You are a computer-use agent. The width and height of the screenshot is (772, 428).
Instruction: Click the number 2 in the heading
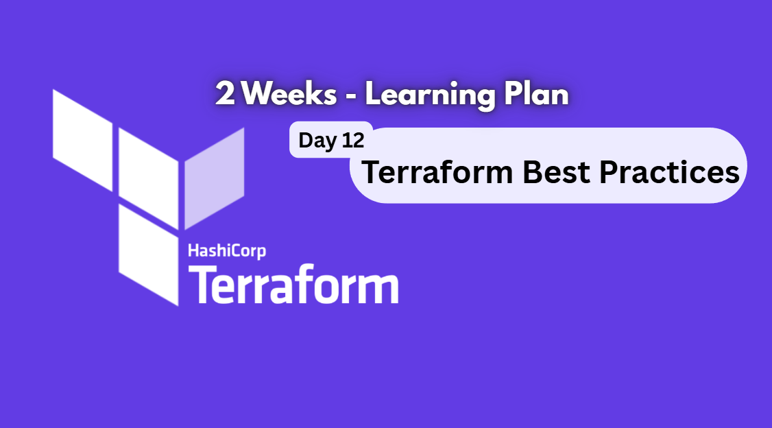coord(225,95)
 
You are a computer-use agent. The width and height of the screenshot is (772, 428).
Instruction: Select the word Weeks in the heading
coord(289,95)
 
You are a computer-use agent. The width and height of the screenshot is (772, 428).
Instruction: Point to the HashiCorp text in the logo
coord(227,251)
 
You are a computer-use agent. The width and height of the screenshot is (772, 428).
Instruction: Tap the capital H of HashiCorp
coord(193,251)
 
